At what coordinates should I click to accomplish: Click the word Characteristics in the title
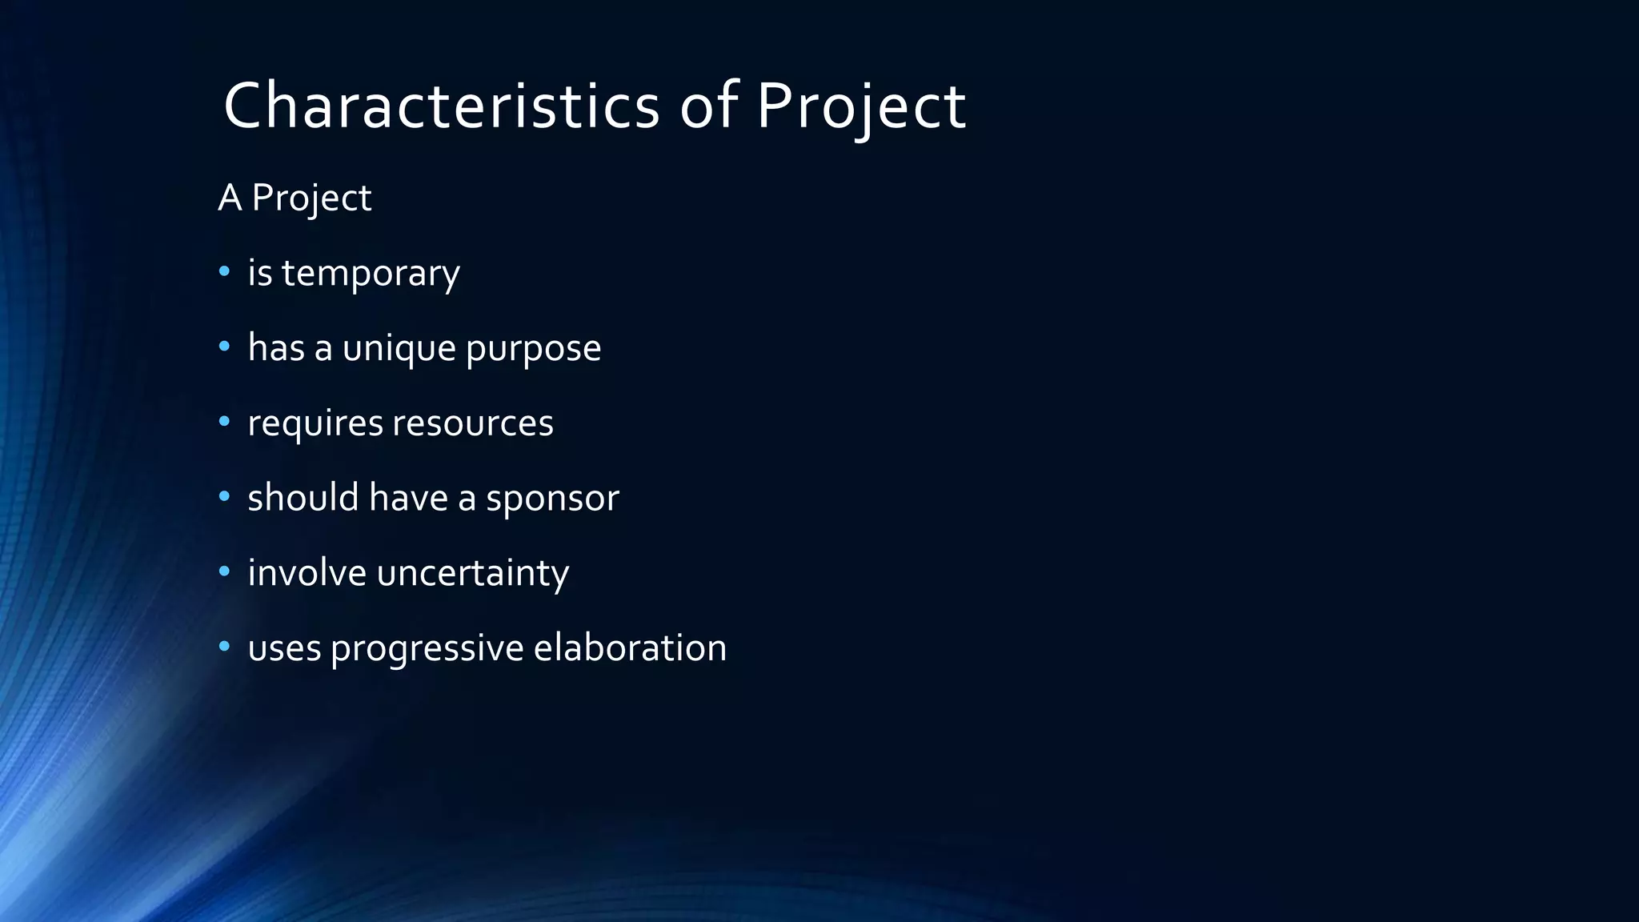click(x=441, y=106)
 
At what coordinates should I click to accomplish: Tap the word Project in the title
click(x=861, y=107)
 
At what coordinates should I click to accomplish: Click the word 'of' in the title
click(x=708, y=106)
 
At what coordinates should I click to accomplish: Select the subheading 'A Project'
click(x=295, y=198)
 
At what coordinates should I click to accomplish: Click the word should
click(x=303, y=498)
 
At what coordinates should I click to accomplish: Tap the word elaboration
click(x=630, y=647)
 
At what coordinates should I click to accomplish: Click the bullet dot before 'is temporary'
click(x=224, y=272)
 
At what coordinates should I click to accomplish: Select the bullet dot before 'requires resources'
click(x=224, y=422)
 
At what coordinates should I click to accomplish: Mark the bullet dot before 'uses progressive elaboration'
click(x=224, y=647)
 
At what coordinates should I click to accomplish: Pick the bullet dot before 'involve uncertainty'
click(x=224, y=571)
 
